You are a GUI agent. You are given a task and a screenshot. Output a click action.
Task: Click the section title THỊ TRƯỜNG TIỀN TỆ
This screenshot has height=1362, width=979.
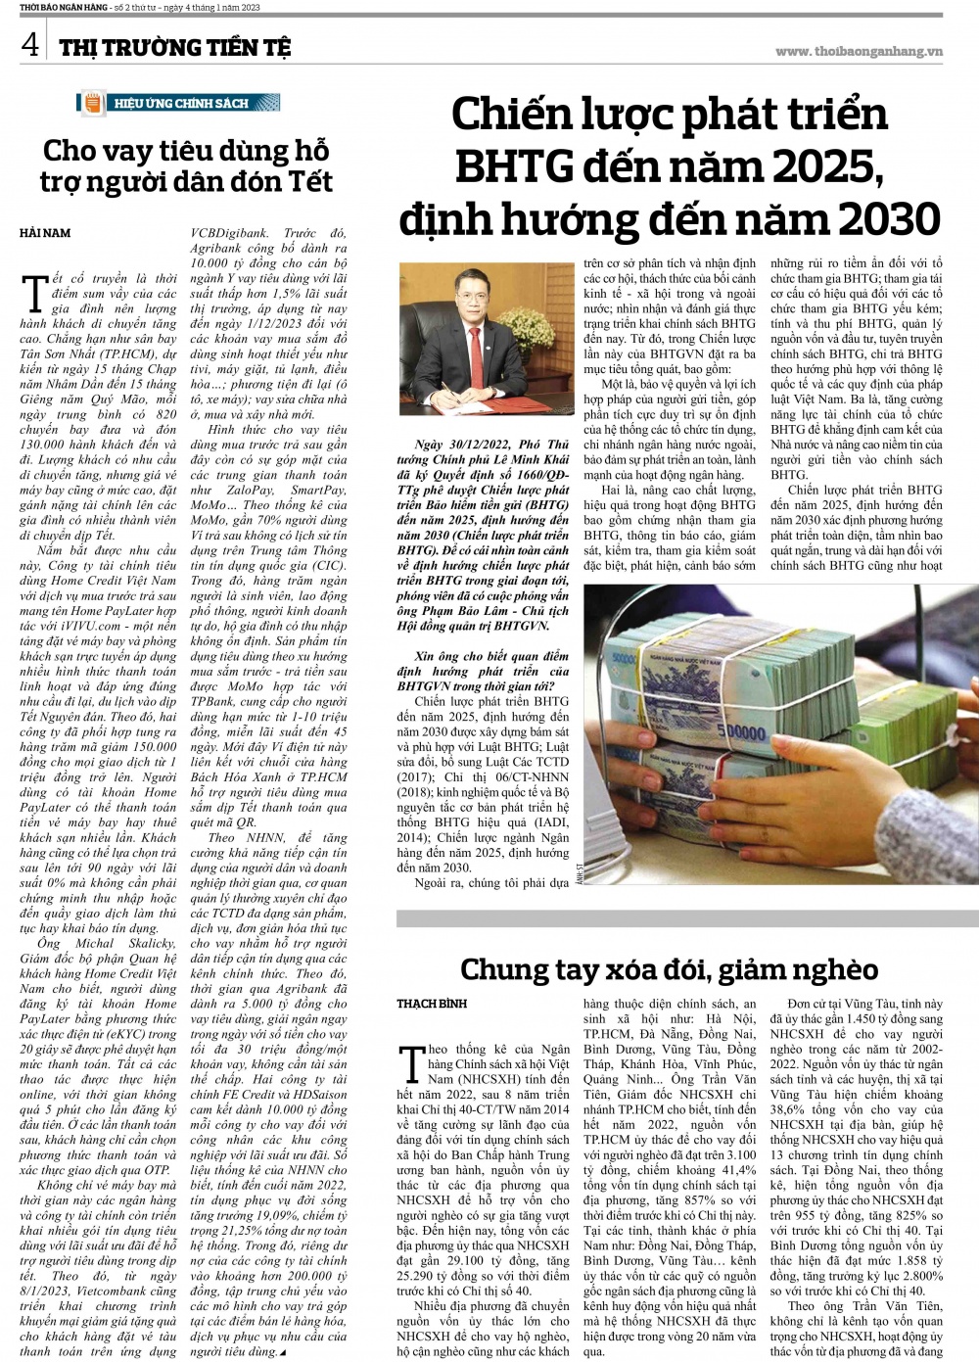click(x=174, y=47)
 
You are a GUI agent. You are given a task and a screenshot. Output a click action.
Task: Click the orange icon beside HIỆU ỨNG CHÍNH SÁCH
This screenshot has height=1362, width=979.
click(x=92, y=103)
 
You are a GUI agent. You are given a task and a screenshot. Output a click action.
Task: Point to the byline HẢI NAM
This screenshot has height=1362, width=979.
click(x=45, y=232)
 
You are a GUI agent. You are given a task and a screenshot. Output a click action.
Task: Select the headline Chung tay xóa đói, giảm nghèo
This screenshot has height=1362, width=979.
click(x=669, y=969)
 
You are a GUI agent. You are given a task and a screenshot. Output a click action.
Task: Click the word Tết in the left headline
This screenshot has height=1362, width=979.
click(x=307, y=182)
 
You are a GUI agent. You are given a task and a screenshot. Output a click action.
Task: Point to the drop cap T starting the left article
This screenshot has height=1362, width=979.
click(x=34, y=291)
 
